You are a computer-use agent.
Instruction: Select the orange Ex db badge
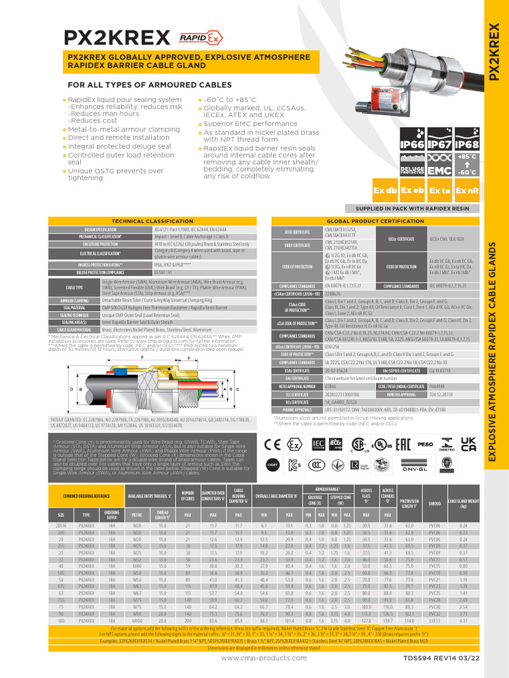[385, 191]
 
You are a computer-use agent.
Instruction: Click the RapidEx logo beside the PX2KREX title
[192, 37]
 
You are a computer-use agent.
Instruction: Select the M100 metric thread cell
[137, 620]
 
